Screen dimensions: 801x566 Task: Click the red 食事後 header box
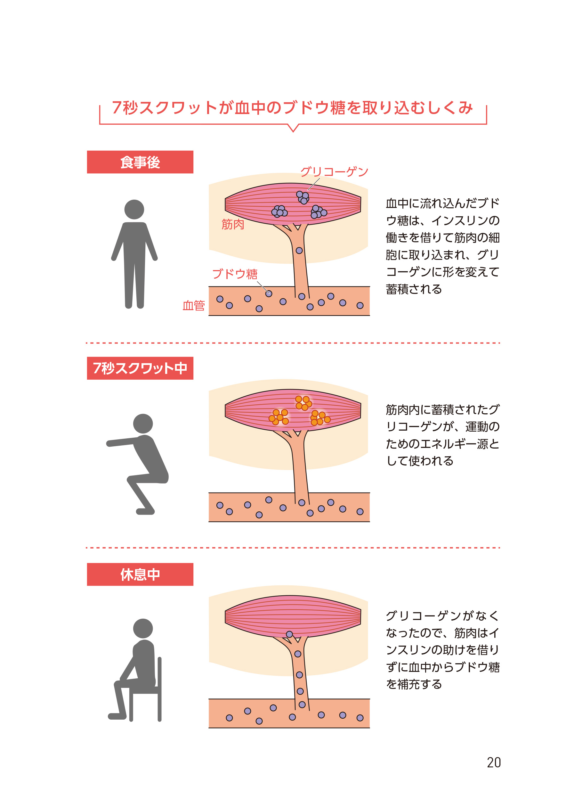point(140,162)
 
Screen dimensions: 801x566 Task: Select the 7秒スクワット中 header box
point(140,368)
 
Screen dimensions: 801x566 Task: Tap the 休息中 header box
point(140,574)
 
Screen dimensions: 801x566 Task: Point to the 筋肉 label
point(232,224)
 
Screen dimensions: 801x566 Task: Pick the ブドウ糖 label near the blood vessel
point(235,274)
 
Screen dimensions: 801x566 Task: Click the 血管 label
point(193,305)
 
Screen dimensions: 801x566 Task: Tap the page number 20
point(494,763)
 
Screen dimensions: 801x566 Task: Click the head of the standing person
point(134,209)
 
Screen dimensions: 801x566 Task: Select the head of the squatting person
point(143,424)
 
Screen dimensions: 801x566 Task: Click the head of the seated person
point(143,628)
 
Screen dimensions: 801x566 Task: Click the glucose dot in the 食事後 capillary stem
point(299,251)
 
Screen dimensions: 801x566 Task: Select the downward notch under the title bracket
point(293,129)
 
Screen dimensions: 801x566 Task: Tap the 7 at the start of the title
point(117,107)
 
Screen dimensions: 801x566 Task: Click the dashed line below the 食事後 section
point(293,343)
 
